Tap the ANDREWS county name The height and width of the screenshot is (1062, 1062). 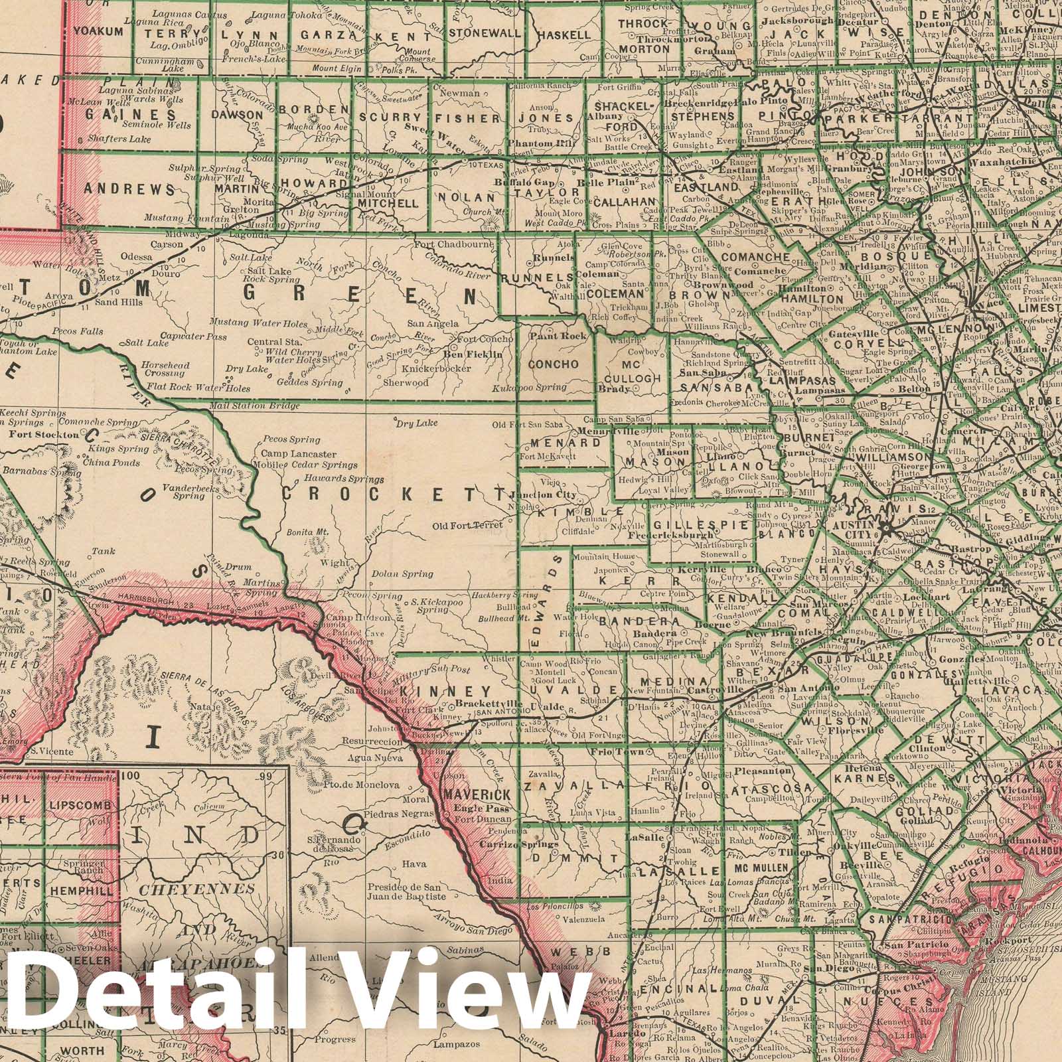click(129, 189)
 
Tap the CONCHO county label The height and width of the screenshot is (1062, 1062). click(554, 364)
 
